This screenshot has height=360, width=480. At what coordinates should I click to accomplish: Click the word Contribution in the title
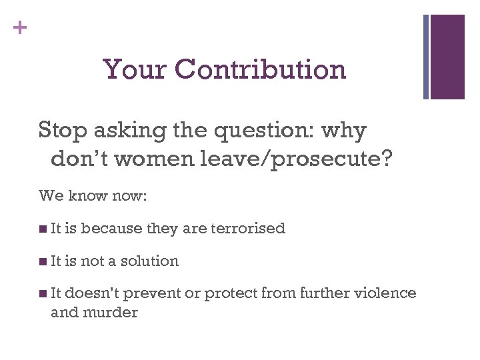click(263, 69)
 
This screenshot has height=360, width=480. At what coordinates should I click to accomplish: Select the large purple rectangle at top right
click(447, 57)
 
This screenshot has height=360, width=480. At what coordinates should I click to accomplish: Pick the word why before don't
click(343, 130)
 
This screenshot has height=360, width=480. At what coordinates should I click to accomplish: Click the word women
click(160, 159)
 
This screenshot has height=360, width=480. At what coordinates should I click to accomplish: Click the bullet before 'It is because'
click(43, 229)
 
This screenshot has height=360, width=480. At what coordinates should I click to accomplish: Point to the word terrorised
click(248, 229)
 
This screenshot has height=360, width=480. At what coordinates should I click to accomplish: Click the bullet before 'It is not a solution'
click(43, 261)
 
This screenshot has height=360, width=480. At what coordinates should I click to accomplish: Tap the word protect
click(231, 294)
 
